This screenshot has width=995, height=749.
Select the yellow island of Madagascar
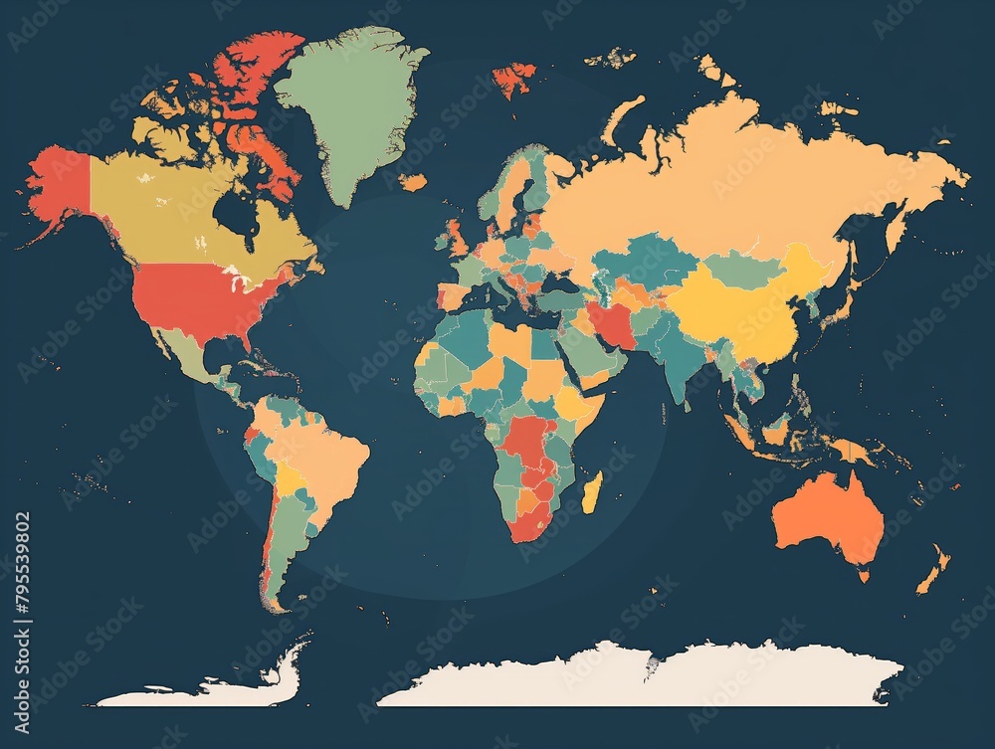[591, 492]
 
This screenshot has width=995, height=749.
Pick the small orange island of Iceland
[413, 182]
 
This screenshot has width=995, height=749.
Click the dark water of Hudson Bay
[237, 211]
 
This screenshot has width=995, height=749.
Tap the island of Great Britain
[456, 239]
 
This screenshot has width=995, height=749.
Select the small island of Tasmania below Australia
[863, 575]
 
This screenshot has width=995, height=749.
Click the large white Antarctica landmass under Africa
[637, 676]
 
